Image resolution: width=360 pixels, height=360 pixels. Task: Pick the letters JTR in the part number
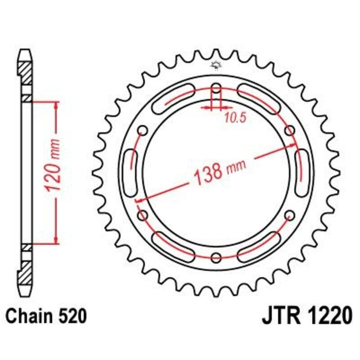[283, 316]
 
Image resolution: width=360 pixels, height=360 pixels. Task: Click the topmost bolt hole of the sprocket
[216, 87]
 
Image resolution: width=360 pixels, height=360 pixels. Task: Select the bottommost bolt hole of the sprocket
[216, 257]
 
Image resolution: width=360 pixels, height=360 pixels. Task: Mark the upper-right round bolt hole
[290, 130]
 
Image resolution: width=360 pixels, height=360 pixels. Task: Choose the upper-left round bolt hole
[143, 130]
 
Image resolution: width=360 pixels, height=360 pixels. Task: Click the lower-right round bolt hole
[290, 215]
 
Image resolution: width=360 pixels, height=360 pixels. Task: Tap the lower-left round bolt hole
[143, 215]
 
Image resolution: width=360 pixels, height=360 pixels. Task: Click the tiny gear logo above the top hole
[216, 66]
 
